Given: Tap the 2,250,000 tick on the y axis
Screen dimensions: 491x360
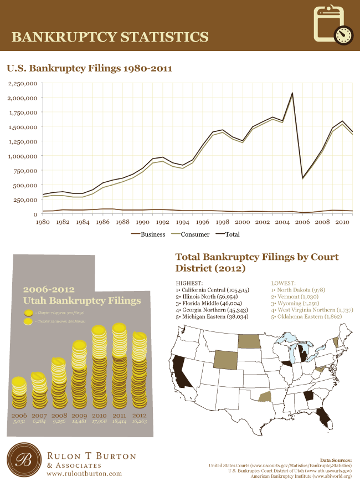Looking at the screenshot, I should tap(23, 83).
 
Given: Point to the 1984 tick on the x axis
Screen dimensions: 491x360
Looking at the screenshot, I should tap(82, 222).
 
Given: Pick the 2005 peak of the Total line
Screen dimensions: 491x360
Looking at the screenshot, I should tap(292, 93).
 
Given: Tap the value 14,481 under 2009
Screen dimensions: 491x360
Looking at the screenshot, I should tap(79, 421).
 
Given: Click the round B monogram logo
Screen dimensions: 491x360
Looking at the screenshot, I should tap(24, 460).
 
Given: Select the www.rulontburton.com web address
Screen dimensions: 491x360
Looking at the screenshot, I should tap(84, 474).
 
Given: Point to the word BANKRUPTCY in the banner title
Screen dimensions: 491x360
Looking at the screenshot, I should tap(63, 37).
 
